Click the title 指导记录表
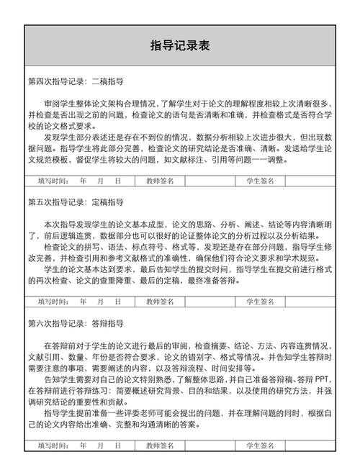180,46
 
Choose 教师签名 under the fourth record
160,181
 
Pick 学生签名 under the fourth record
260,181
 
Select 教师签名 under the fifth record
160,302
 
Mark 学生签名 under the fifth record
260,302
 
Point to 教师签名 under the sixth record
160,446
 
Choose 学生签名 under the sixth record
260,446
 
